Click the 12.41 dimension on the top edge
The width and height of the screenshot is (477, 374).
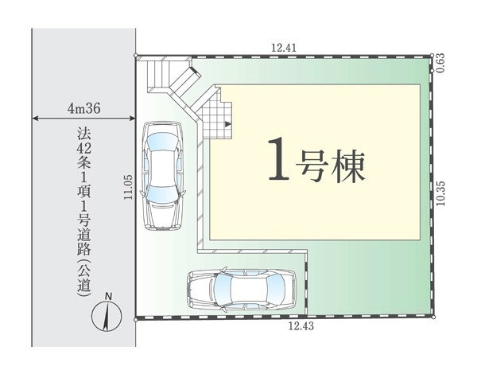pos(284,48)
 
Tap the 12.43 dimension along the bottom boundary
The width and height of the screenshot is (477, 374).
pos(301,326)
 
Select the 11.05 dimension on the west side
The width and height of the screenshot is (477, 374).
pos(128,187)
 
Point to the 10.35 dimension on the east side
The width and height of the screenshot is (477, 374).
pos(441,193)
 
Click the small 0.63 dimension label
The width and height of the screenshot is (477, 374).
pos(440,63)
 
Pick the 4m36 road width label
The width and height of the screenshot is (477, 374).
pos(84,108)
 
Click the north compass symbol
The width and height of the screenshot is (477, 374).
pos(107,316)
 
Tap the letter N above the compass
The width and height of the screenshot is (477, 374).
pos(108,296)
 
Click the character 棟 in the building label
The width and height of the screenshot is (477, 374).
pos(348,167)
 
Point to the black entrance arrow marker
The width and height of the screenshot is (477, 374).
pos(227,124)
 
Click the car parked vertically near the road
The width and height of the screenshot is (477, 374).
pos(162,176)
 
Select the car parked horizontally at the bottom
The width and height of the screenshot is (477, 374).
pos(242,290)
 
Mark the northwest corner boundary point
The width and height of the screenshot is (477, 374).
pos(136,56)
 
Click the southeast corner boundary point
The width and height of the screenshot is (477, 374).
pos(433,317)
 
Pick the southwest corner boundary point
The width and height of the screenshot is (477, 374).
pos(136,320)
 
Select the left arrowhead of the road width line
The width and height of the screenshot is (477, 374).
pos(35,119)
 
